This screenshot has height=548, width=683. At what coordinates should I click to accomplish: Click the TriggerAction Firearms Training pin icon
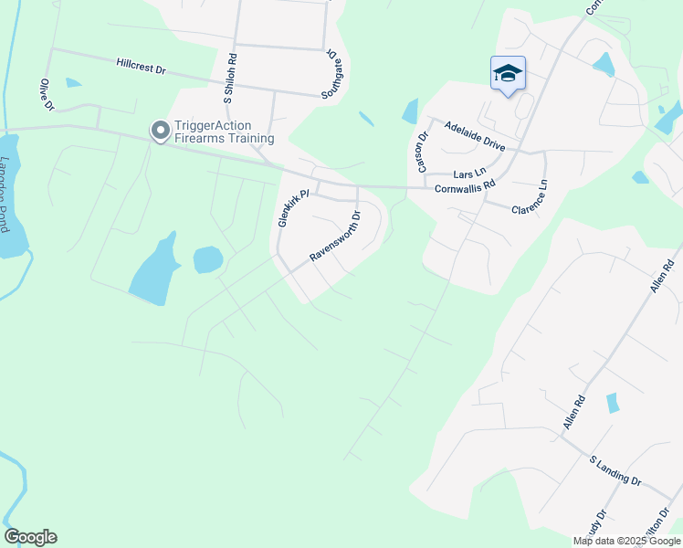pos(161,132)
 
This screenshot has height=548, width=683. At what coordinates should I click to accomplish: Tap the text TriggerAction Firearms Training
pos(225,132)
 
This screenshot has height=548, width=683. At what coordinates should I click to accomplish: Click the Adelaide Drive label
pos(474,138)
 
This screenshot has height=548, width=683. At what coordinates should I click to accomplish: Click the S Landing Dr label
pos(615,471)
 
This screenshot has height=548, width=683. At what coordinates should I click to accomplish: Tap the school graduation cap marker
pos(508,74)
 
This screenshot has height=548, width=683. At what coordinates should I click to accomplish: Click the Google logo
pos(30,537)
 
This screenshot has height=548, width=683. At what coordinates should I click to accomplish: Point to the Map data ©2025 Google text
pos(626,541)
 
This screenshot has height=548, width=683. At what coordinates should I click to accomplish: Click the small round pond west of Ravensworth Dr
pos(208,259)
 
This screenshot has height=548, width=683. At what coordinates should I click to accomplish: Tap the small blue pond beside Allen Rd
pos(612,402)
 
